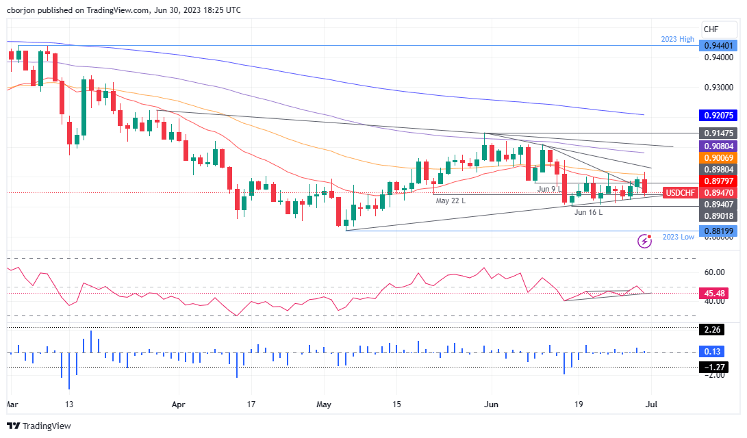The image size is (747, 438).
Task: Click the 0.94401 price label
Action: (718, 46)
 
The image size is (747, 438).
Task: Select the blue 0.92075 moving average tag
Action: (718, 116)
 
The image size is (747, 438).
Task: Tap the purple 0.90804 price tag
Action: (718, 146)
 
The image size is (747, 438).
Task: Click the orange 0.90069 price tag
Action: (718, 157)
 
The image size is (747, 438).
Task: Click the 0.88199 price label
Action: (718, 231)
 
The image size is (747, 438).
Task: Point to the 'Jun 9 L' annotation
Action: (549, 188)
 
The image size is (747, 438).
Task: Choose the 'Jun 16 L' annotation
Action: (588, 212)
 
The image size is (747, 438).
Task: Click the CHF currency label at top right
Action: (711, 28)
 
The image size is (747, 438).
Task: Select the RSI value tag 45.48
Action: (718, 293)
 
